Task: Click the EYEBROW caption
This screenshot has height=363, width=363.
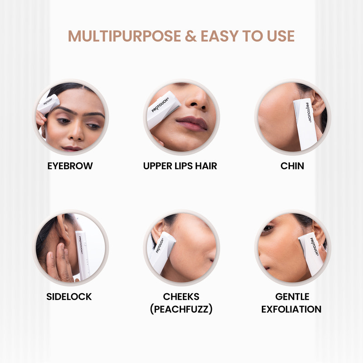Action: pos(70,166)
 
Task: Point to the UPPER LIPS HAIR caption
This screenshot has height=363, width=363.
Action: pos(180,166)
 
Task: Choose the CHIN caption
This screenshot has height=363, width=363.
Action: pos(292,166)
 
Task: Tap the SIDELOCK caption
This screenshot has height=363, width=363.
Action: pos(69,297)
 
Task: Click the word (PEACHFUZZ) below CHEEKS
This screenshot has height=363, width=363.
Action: pos(181,309)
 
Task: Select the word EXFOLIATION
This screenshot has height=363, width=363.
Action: pos(292,309)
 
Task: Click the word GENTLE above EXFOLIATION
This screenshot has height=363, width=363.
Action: pos(292,297)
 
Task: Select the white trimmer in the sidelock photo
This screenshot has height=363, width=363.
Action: pos(83,254)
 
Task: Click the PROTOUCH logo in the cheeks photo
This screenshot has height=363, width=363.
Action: pos(160,245)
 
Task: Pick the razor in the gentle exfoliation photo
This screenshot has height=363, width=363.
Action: pos(312,252)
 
